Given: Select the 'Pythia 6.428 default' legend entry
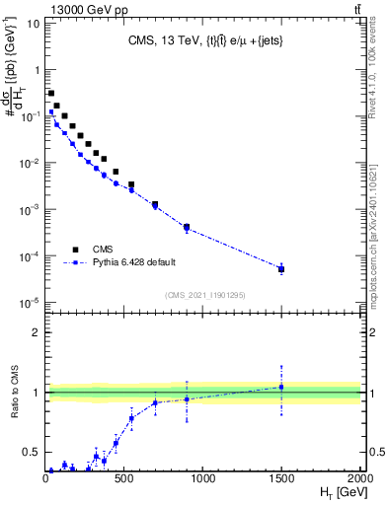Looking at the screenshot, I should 134,263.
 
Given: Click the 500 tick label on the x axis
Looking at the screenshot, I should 124,480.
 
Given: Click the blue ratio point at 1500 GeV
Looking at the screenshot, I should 281,387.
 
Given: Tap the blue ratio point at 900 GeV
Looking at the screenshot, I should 187,399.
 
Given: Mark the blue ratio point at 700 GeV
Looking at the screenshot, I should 155,402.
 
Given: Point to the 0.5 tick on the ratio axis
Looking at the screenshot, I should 33,453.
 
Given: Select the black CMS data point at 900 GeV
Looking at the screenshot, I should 187,227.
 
